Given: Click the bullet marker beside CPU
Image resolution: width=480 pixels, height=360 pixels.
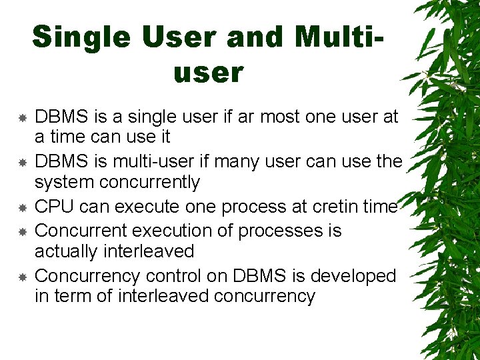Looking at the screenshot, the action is (x=22, y=207).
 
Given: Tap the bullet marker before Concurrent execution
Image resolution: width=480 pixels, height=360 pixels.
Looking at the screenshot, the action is (x=22, y=231).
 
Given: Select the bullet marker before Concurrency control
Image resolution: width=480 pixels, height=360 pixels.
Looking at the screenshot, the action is (x=22, y=277).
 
